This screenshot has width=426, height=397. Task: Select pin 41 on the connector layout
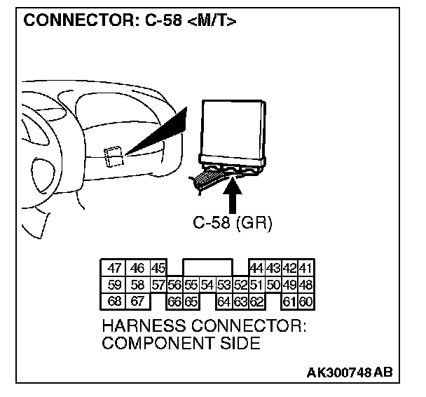(306, 268)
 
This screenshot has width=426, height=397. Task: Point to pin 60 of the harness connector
(306, 302)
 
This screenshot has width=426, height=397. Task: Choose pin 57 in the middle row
(158, 285)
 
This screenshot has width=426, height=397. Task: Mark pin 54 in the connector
(207, 285)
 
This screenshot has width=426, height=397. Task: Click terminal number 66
(174, 302)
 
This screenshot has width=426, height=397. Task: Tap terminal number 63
(240, 302)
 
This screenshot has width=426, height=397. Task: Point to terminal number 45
(158, 268)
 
